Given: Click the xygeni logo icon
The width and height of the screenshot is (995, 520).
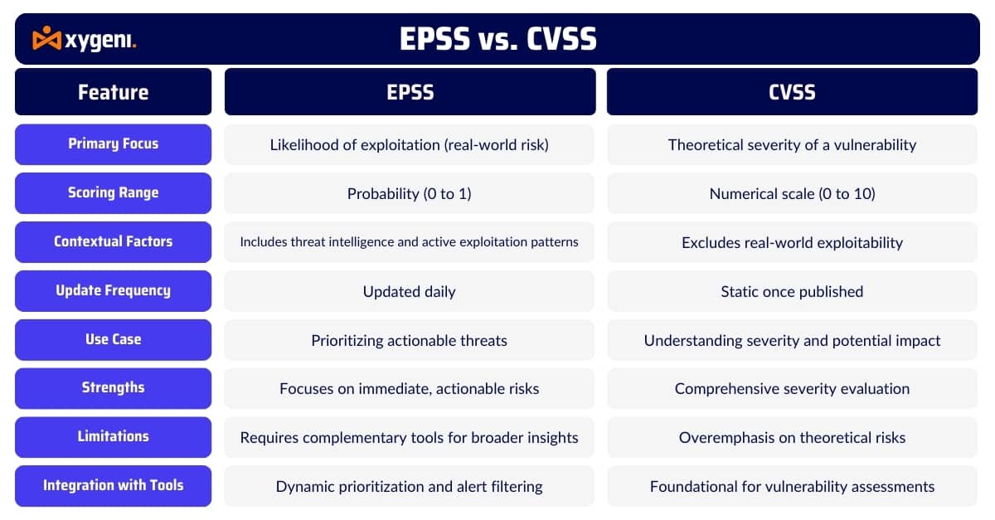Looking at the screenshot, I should point(46,38).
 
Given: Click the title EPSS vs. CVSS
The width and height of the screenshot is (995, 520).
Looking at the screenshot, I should point(498,39).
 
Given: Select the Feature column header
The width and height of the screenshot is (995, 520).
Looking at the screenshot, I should point(114,92).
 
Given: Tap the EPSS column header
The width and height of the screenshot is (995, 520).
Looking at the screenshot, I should point(410,92).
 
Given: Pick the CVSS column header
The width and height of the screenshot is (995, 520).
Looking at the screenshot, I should point(792,92).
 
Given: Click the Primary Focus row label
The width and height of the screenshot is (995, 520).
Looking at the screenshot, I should point(114,144).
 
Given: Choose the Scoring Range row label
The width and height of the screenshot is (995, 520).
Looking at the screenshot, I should point(114,193).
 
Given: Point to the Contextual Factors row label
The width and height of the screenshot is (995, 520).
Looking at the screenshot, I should point(114,242).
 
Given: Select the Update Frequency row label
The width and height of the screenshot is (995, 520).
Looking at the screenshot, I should point(114,291).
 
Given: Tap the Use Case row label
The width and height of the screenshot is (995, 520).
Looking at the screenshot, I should point(114,340).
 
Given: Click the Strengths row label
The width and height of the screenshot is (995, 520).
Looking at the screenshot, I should point(114,388).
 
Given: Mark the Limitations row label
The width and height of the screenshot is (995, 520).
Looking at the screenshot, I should point(114,437).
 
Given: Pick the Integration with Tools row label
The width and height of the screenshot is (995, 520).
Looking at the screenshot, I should point(114,486).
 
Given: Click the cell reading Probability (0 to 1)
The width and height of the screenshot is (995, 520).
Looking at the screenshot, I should point(410,194).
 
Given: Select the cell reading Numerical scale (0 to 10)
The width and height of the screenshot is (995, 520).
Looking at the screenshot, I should point(792,194).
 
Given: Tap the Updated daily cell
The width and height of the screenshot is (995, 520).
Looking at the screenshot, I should point(410,291).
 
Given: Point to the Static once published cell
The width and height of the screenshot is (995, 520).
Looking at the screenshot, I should point(792,291).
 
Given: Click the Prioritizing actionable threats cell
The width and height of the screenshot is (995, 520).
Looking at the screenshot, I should point(410,340).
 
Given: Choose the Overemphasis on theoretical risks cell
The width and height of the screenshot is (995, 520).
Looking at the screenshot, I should point(792,437).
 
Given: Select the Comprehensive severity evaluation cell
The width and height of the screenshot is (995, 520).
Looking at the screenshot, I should point(792,388).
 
